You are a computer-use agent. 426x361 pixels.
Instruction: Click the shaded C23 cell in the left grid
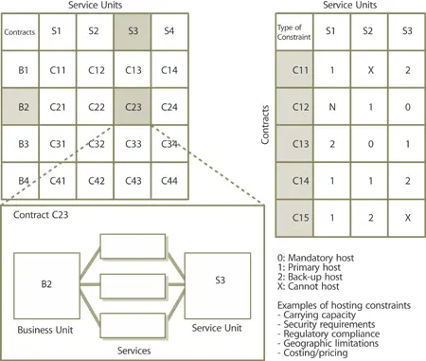click(133, 105)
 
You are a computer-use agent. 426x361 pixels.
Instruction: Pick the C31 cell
click(58, 143)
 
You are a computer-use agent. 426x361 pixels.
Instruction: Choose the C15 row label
click(290, 217)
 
